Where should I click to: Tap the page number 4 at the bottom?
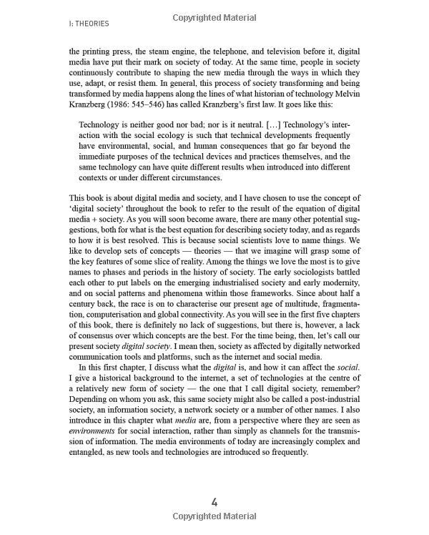[x=214, y=501]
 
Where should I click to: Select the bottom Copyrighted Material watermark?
[x=214, y=516]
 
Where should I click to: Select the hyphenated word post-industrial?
[x=328, y=422]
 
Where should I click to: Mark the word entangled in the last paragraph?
[x=89, y=488]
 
